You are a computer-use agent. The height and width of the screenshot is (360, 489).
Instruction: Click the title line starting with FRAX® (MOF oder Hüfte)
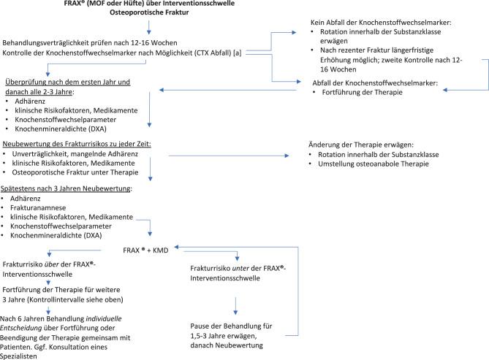click(150, 5)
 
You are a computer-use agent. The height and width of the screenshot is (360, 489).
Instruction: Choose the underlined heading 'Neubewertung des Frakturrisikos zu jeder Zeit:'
click(77, 144)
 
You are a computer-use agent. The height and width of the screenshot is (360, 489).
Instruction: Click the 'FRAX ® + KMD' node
click(150, 249)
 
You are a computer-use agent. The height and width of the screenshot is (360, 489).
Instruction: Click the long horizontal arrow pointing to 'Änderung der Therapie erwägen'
click(227, 155)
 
